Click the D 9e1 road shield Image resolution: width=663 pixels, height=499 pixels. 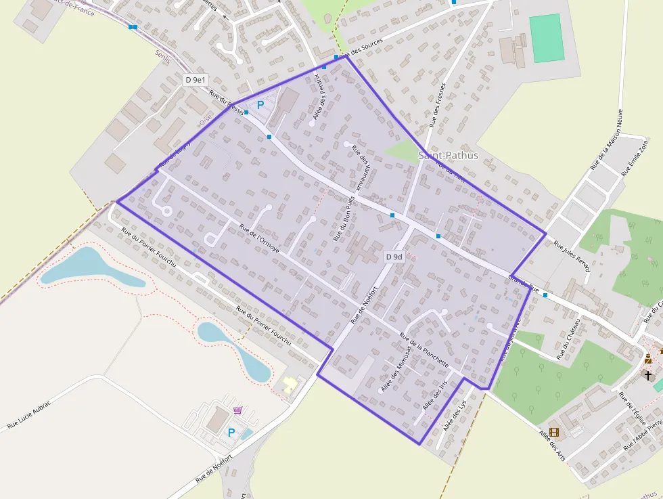[196, 80]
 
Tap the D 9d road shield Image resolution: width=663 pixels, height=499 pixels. [394, 257]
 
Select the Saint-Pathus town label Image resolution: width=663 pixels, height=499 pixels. [449, 155]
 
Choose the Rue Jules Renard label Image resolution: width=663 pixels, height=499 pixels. [572, 257]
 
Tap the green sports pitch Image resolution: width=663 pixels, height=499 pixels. [546, 38]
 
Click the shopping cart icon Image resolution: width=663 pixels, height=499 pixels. [238, 410]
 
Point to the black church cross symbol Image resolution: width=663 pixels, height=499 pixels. [648, 374]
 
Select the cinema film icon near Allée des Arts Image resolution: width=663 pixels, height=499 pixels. [554, 432]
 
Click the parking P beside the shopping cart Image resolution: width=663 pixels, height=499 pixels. [231, 432]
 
